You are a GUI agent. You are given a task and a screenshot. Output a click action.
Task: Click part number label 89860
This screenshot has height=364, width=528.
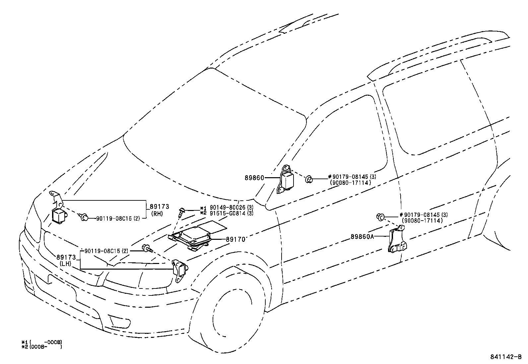click(x=254, y=178)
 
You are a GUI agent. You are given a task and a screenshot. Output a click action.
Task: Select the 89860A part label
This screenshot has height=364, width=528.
click(x=362, y=236)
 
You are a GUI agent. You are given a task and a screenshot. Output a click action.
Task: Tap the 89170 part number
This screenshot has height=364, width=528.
click(x=235, y=239)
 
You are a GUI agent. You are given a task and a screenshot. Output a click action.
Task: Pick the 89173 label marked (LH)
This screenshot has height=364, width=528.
click(x=66, y=257)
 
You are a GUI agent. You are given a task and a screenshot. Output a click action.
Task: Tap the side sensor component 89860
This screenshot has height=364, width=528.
click(x=286, y=182)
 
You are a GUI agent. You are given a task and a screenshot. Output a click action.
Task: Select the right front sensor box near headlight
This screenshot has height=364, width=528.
click(x=58, y=216)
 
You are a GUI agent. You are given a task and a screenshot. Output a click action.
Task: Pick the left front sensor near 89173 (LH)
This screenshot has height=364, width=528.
click(x=179, y=270)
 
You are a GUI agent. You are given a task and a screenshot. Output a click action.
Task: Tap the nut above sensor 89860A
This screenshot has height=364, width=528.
click(x=380, y=217)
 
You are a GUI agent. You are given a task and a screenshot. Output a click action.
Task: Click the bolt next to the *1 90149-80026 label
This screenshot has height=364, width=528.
click(x=181, y=212)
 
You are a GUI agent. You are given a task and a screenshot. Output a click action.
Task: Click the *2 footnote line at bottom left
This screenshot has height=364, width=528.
click(x=41, y=347)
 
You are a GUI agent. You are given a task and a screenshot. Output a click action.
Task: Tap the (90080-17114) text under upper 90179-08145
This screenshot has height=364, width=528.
click(x=350, y=182)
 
